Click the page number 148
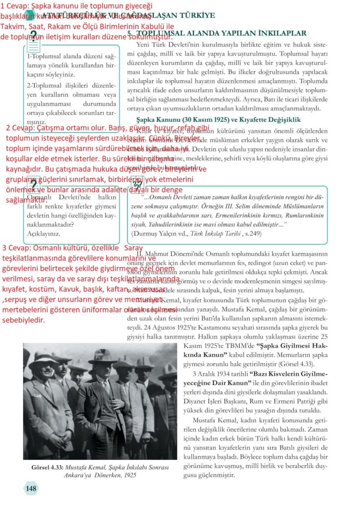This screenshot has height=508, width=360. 31,489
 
